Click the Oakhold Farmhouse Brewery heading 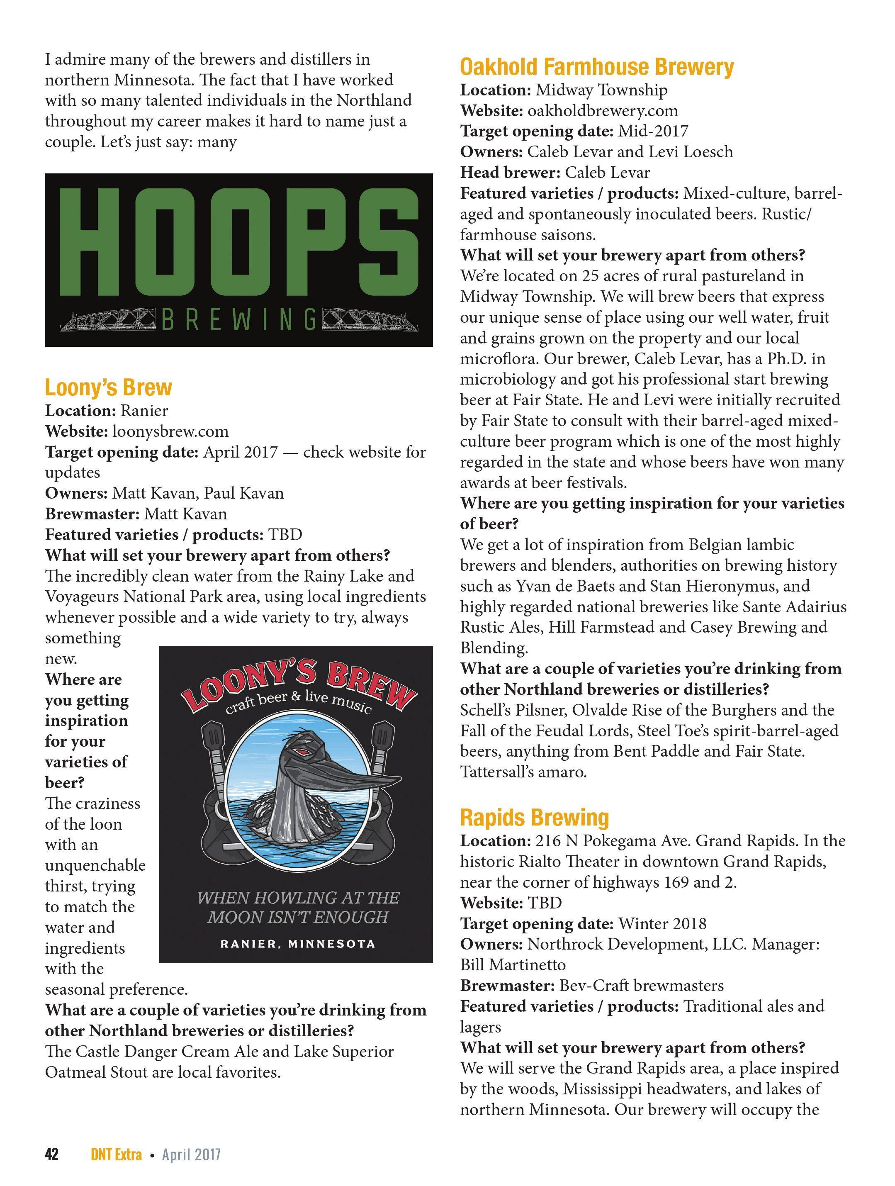pos(596,67)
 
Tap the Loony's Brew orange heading pos(108,387)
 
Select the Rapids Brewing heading pos(534,818)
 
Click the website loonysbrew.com pos(170,431)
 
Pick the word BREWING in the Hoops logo pos(238,321)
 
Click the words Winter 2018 pos(662,923)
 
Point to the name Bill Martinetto pos(513,964)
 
